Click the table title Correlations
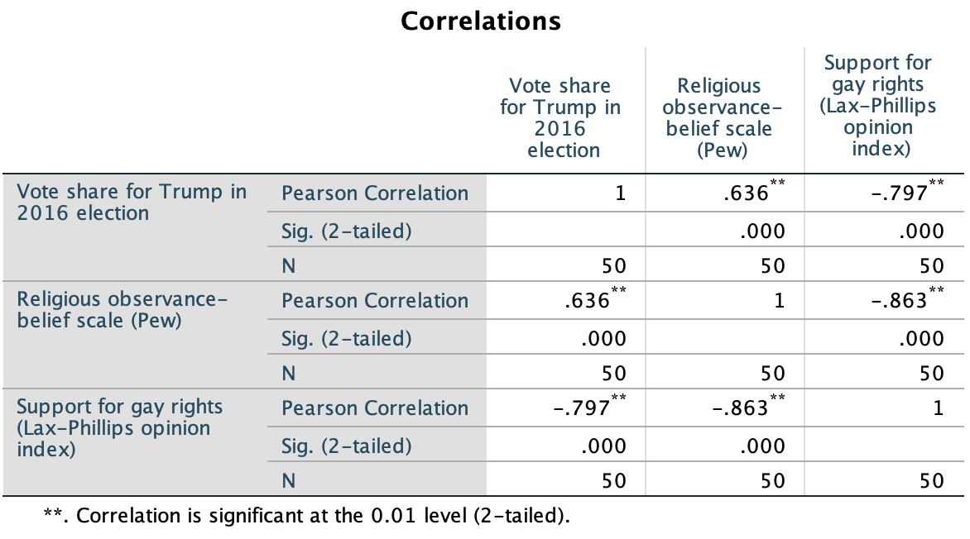coord(481,21)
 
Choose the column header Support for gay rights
coord(877,107)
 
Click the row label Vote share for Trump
coord(132,203)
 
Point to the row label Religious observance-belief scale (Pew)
coord(122,310)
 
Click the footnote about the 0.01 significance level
coord(306,517)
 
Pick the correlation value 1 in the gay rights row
coord(938,408)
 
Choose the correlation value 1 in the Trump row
coord(620,194)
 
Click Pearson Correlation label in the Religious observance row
coord(375,301)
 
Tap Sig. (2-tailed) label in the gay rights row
coord(347,446)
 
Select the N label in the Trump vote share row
coord(289,265)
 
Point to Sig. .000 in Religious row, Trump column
coord(603,338)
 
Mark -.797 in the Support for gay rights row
coord(583,408)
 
